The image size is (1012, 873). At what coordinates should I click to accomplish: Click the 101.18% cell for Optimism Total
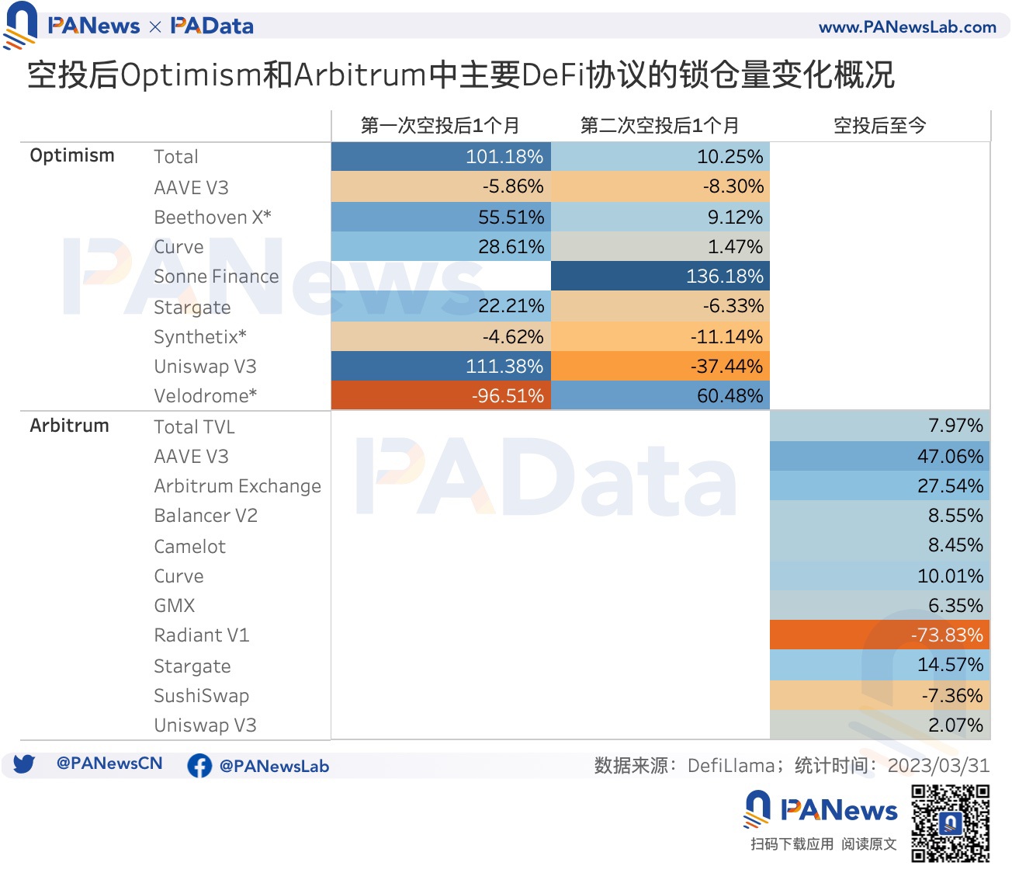pyautogui.click(x=441, y=157)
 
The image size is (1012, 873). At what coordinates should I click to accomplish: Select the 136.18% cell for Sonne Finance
pyautogui.click(x=660, y=277)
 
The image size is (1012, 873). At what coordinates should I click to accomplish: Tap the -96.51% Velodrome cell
pyautogui.click(x=441, y=395)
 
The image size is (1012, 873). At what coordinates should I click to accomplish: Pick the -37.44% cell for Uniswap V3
pyautogui.click(x=660, y=366)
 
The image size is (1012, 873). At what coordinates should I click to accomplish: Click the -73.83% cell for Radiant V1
pyautogui.click(x=879, y=635)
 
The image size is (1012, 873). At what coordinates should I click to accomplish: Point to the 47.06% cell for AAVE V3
pyautogui.click(x=879, y=456)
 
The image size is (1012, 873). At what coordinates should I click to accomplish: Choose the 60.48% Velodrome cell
pyautogui.click(x=660, y=395)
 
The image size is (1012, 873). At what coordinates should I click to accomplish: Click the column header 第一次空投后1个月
pyautogui.click(x=440, y=126)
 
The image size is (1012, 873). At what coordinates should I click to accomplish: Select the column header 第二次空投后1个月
pyautogui.click(x=660, y=126)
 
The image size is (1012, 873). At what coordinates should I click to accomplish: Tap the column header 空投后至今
pyautogui.click(x=879, y=126)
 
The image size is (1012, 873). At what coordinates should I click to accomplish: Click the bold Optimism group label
pyautogui.click(x=72, y=155)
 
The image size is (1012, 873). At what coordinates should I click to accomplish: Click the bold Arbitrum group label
pyautogui.click(x=70, y=426)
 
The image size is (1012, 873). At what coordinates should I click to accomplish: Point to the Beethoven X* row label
pyautogui.click(x=213, y=217)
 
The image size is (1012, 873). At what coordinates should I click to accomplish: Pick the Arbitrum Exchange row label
pyautogui.click(x=237, y=486)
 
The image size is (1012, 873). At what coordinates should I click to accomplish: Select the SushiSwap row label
pyautogui.click(x=202, y=696)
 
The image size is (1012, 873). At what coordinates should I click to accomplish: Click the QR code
pyautogui.click(x=951, y=823)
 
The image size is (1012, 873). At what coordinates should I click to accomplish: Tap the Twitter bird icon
pyautogui.click(x=24, y=764)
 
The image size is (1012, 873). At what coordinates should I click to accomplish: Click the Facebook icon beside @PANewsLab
pyautogui.click(x=199, y=766)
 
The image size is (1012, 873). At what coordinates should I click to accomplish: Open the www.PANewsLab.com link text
pyautogui.click(x=907, y=27)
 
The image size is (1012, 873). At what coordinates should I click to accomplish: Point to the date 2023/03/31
pyautogui.click(x=938, y=766)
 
